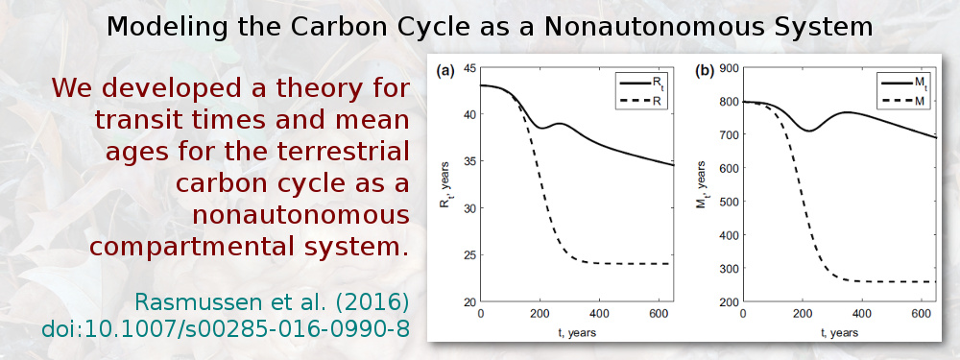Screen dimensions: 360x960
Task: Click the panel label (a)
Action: tap(445, 70)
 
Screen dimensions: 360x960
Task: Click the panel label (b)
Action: tap(704, 70)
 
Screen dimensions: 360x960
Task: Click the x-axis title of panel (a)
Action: tap(576, 331)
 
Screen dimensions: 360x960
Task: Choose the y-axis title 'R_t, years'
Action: tap(444, 184)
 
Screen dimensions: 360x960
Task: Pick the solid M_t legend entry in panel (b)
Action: tap(898, 84)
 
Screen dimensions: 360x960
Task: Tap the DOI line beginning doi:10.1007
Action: tap(226, 328)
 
